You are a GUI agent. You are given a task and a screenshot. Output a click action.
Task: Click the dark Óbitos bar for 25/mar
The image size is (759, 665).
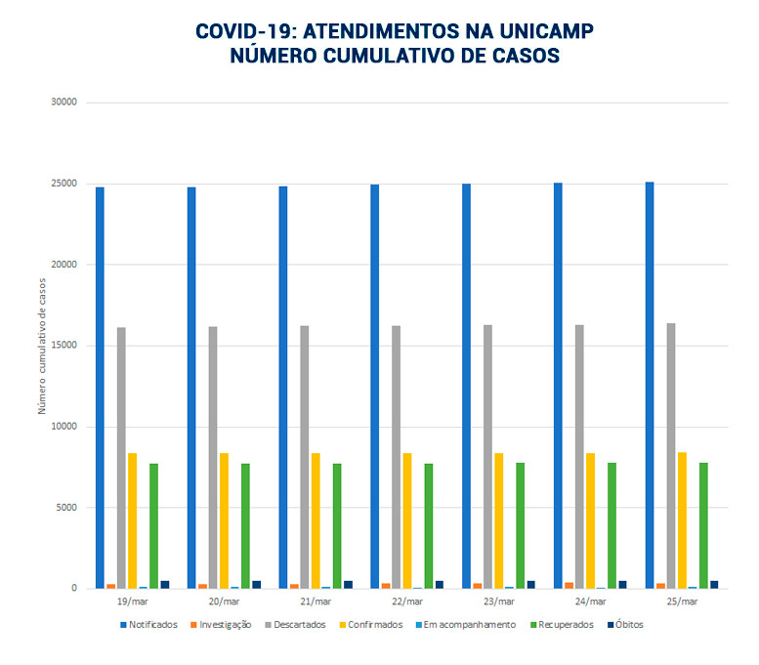tap(714, 584)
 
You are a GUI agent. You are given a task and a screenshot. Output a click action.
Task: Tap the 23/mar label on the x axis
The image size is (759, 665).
tap(498, 602)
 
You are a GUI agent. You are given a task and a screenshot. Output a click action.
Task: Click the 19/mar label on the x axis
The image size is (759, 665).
tap(132, 602)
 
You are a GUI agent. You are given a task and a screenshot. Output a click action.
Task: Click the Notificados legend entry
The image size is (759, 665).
tap(149, 624)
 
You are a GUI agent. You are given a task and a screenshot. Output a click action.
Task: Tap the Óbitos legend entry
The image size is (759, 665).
tap(624, 624)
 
